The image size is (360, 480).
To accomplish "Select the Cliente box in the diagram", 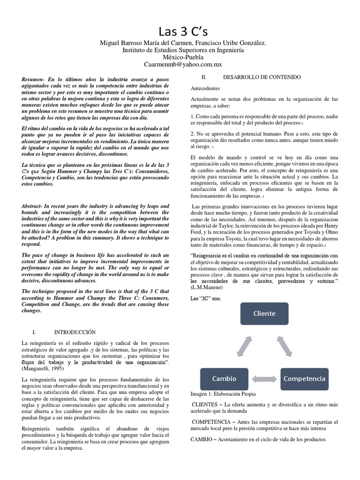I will click(x=264, y=313).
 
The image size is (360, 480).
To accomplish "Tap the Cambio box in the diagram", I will click(x=224, y=378).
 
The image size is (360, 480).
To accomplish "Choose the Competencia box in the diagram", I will click(x=304, y=378).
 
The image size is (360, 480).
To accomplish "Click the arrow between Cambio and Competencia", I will click(x=264, y=378).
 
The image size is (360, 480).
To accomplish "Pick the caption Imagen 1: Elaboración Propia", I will click(x=223, y=394).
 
